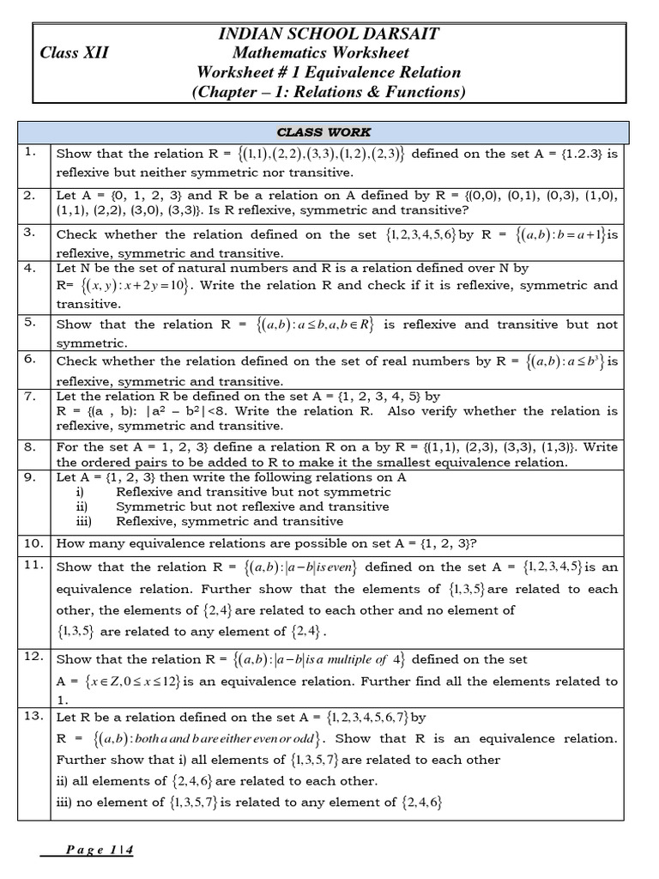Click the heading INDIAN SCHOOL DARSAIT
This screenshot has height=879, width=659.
pyautogui.click(x=329, y=34)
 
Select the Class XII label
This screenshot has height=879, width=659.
pyautogui.click(x=75, y=53)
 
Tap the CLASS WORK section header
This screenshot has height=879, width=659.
pyautogui.click(x=323, y=132)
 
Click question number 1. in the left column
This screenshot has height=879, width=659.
pyautogui.click(x=31, y=153)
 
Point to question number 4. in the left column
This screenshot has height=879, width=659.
pyautogui.click(x=31, y=268)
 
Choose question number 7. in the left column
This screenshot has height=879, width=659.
pyautogui.click(x=31, y=396)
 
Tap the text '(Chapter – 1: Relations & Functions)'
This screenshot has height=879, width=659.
pyautogui.click(x=329, y=92)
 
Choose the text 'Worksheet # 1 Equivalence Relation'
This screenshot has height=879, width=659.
pyautogui.click(x=329, y=72)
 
